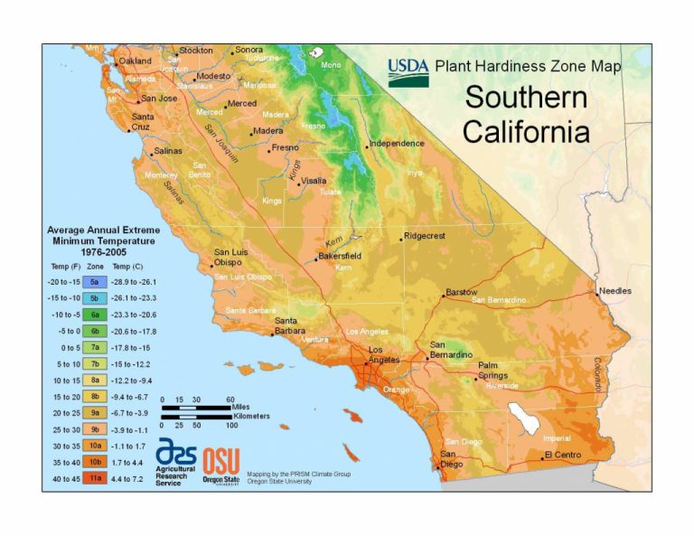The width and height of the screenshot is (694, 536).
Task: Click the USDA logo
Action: click(x=408, y=71)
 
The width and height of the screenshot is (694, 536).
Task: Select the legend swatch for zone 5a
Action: click(x=95, y=282)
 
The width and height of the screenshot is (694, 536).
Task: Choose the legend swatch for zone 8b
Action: click(x=95, y=395)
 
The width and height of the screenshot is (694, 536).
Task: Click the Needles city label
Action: click(x=614, y=291)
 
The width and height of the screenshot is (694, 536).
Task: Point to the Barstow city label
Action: click(x=462, y=293)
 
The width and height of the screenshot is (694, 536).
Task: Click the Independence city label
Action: click(x=397, y=143)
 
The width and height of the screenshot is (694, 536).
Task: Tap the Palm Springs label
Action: click(x=493, y=371)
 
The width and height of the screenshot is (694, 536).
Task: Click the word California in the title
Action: click(x=526, y=132)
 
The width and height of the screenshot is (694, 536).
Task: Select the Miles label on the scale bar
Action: click(x=243, y=408)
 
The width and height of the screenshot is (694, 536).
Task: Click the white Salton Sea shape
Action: click(x=523, y=418)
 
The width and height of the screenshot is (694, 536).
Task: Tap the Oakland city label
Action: click(x=136, y=61)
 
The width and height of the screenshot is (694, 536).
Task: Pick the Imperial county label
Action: click(x=557, y=438)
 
